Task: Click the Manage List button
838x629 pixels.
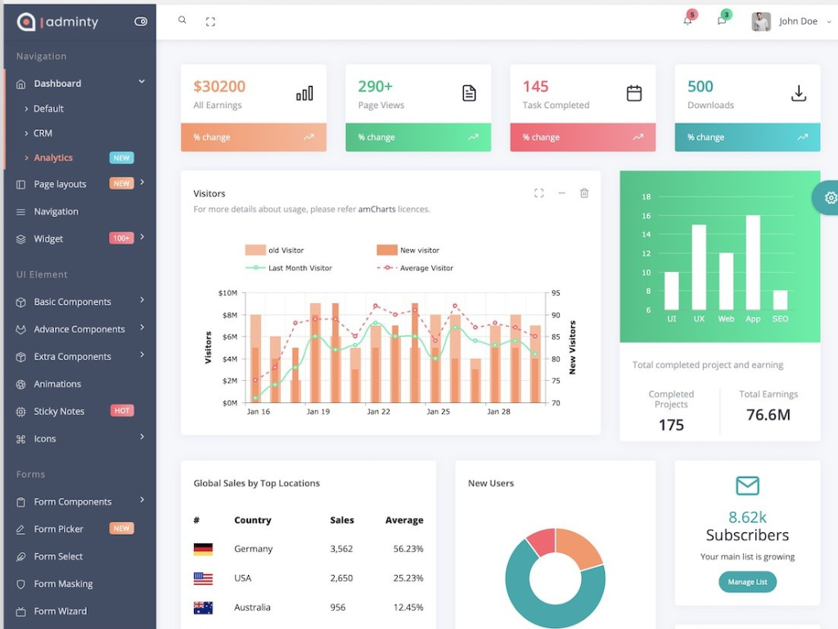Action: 747,581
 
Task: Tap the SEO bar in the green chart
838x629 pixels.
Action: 780,300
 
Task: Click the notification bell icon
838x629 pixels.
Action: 687,21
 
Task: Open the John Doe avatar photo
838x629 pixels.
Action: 761,21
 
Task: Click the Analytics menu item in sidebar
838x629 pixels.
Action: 53,157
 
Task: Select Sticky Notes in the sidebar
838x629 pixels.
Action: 59,411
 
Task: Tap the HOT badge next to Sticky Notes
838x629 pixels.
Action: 122,410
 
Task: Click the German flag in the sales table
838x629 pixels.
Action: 203,549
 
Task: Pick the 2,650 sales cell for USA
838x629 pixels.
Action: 341,578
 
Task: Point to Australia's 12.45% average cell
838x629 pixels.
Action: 408,608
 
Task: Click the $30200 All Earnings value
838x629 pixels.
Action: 219,87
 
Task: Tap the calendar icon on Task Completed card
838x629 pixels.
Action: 634,93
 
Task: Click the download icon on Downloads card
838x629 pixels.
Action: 799,93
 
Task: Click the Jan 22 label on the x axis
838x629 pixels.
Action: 378,411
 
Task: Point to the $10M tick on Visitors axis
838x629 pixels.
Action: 228,293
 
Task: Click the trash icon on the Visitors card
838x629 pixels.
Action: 584,193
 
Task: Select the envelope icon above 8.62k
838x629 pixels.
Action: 747,486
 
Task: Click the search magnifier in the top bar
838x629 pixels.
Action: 182,20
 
